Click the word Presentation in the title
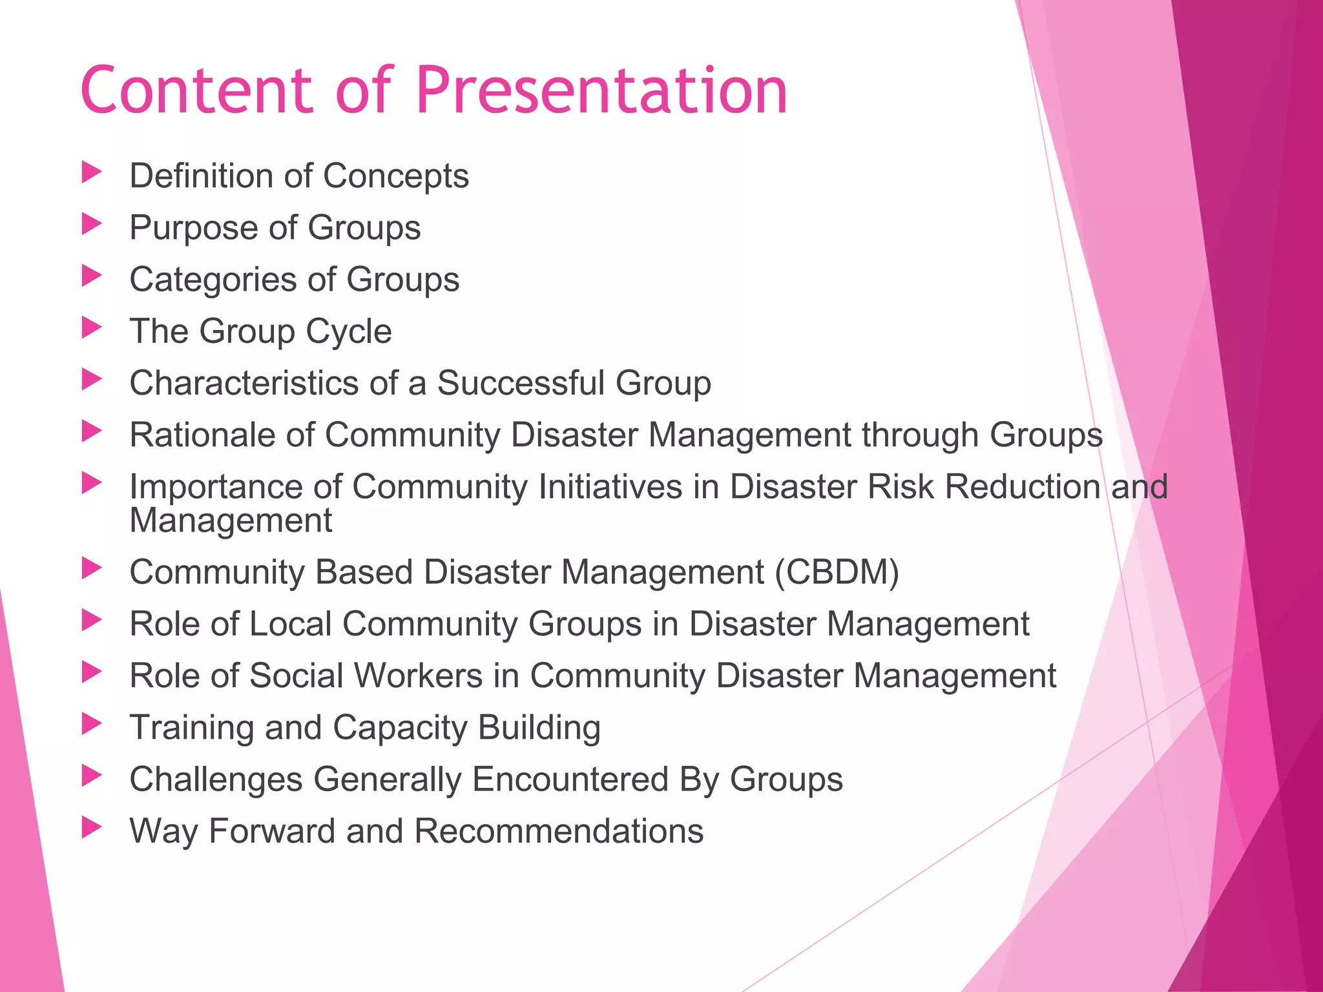pos(601,90)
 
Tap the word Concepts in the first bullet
pos(395,176)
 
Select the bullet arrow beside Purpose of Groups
pos(92,225)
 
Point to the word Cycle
pos(348,331)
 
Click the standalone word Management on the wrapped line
pos(231,521)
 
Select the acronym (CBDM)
pos(837,572)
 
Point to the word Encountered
pos(570,779)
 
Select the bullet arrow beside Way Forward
pos(92,828)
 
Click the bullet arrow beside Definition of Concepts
pos(92,172)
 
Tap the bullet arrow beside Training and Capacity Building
pos(92,724)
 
